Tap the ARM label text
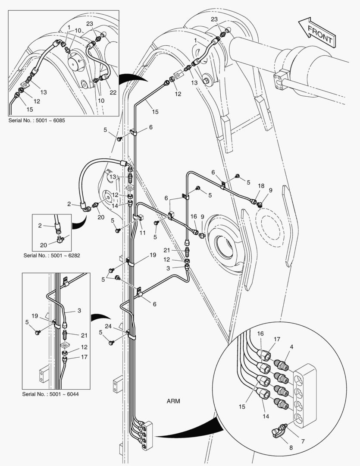[173, 401]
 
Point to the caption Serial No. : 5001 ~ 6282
[52, 255]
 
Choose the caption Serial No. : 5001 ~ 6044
[50, 394]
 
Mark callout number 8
[291, 448]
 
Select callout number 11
[143, 233]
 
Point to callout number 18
[261, 186]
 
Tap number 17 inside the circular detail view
[277, 339]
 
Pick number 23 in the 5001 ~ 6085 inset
[89, 24]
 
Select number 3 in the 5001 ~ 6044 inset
[79, 310]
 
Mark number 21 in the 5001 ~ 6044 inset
[84, 335]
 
